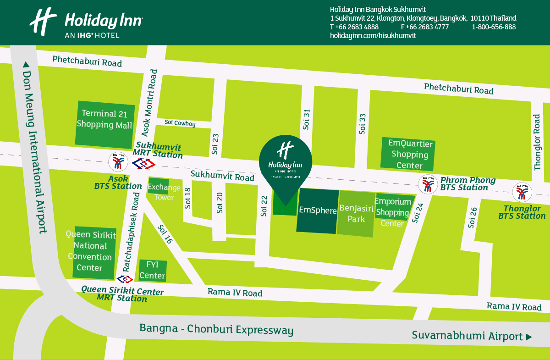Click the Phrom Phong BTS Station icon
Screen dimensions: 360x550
[427, 184]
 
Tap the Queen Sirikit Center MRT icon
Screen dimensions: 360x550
[125, 279]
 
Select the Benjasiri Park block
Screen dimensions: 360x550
[356, 214]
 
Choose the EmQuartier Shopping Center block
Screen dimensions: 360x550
[407, 153]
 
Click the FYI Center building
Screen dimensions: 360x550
[152, 271]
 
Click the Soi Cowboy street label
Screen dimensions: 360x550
[180, 124]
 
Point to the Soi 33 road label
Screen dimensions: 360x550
[363, 124]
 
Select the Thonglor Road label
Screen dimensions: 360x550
[538, 142]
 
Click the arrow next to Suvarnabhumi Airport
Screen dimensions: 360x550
[529, 337]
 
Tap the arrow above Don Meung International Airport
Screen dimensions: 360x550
[26, 65]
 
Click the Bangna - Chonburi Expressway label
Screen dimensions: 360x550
[216, 329]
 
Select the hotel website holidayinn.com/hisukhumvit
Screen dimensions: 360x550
[373, 36]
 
